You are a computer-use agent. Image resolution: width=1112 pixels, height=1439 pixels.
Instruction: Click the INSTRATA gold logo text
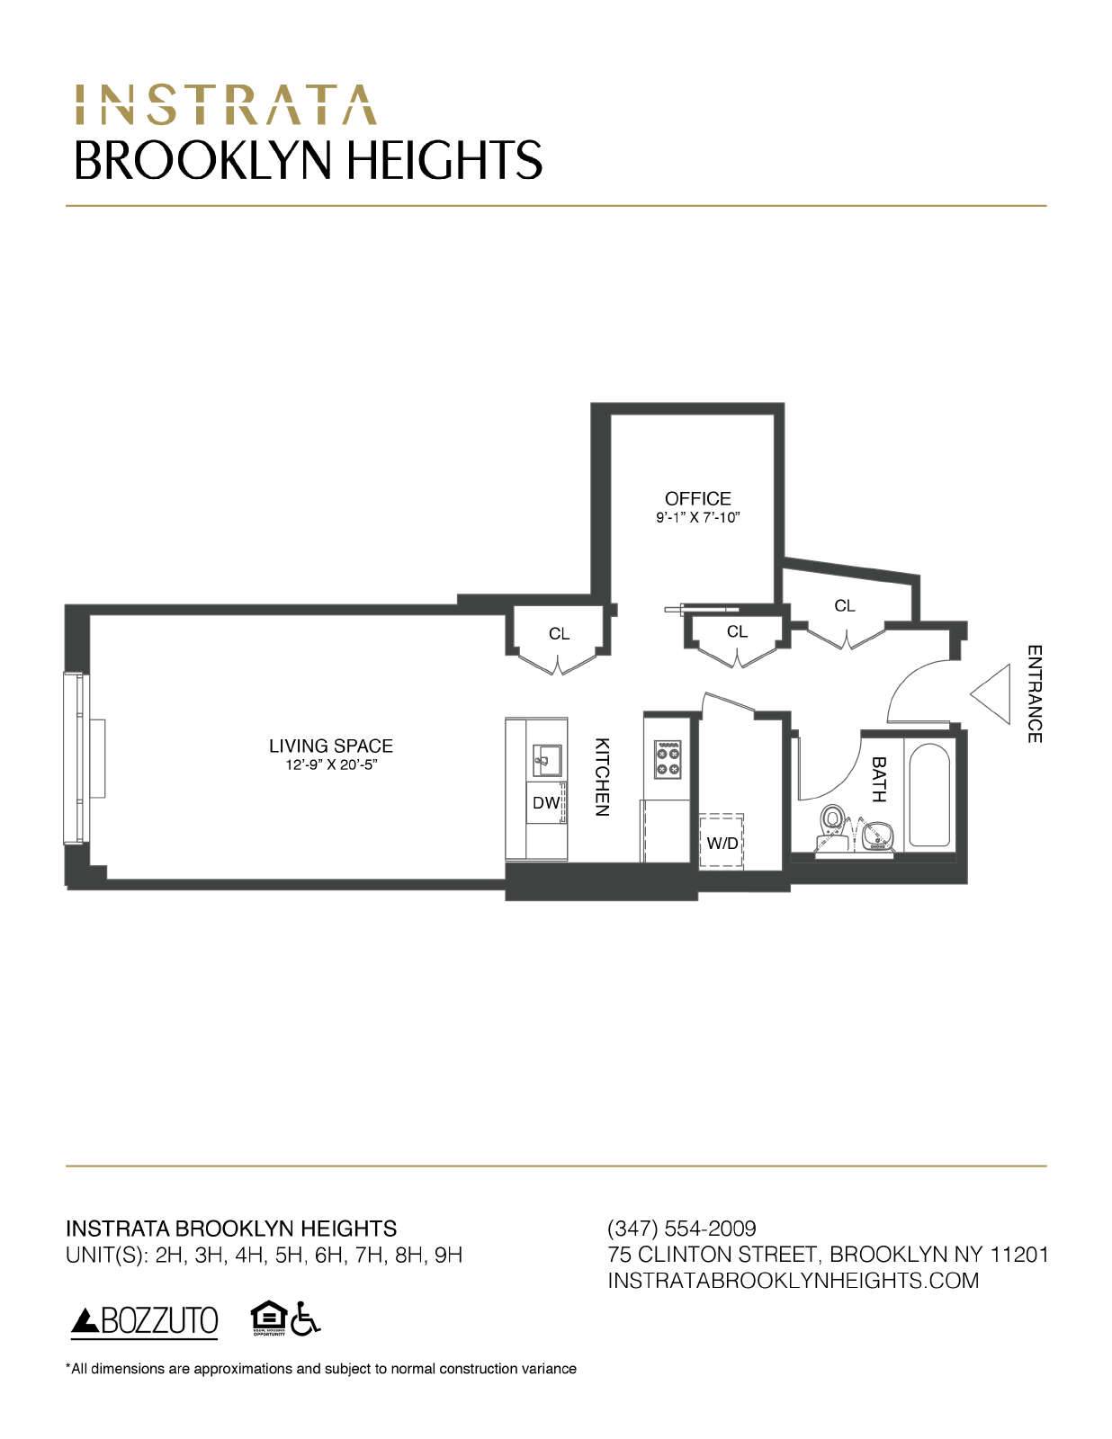click(225, 104)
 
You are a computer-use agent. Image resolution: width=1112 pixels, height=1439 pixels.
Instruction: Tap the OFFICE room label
click(697, 498)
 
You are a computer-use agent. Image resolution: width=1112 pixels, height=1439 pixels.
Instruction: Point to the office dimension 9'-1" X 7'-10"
click(697, 518)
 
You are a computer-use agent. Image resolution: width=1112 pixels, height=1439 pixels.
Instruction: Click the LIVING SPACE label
click(331, 746)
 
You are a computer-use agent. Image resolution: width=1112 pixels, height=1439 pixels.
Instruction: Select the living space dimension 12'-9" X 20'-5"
click(331, 765)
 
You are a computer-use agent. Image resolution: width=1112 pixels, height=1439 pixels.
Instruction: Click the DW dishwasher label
click(545, 803)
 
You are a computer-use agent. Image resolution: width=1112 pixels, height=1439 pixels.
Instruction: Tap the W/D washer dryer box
click(722, 842)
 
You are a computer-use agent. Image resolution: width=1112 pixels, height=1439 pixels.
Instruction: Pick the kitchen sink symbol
click(546, 760)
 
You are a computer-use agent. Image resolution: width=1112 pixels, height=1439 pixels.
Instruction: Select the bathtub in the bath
click(929, 795)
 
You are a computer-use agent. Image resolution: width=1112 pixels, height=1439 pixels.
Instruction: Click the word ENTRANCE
click(1035, 694)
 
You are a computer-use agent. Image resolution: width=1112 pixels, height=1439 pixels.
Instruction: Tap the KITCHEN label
click(602, 777)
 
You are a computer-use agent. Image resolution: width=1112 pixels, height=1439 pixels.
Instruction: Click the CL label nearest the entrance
click(844, 606)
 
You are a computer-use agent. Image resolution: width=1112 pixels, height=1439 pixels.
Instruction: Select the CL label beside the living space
click(559, 634)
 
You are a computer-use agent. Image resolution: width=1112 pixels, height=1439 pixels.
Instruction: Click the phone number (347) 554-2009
click(682, 1229)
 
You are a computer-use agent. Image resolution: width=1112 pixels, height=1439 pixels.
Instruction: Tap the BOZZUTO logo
click(145, 1320)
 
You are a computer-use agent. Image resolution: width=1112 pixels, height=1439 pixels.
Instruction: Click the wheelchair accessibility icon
click(306, 1318)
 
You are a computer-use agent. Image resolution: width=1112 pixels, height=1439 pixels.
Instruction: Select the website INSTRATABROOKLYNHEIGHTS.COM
click(793, 1280)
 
